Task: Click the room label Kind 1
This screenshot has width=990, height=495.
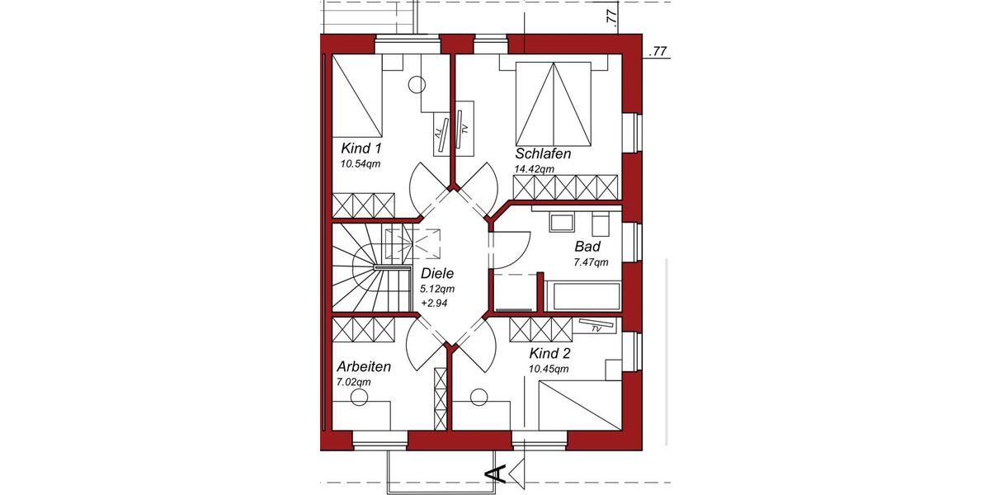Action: [361, 148]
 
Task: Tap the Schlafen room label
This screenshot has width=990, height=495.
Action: [543, 154]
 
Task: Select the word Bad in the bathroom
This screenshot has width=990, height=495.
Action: [587, 247]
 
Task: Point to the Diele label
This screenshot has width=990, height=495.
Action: [437, 274]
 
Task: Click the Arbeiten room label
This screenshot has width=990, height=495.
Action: [363, 366]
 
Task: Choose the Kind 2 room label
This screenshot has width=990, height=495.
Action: [550, 353]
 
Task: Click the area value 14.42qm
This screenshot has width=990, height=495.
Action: [534, 169]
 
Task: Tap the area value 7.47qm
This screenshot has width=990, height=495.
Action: [591, 262]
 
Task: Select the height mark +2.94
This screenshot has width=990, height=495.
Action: [435, 303]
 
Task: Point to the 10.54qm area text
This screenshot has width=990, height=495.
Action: [360, 164]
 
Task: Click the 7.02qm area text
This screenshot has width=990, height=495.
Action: [354, 382]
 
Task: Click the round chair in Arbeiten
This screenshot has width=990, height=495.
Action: [359, 398]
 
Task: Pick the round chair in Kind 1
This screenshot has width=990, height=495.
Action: [417, 84]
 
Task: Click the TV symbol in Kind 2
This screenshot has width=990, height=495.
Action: [596, 327]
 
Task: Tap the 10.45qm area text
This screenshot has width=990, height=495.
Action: [549, 369]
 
